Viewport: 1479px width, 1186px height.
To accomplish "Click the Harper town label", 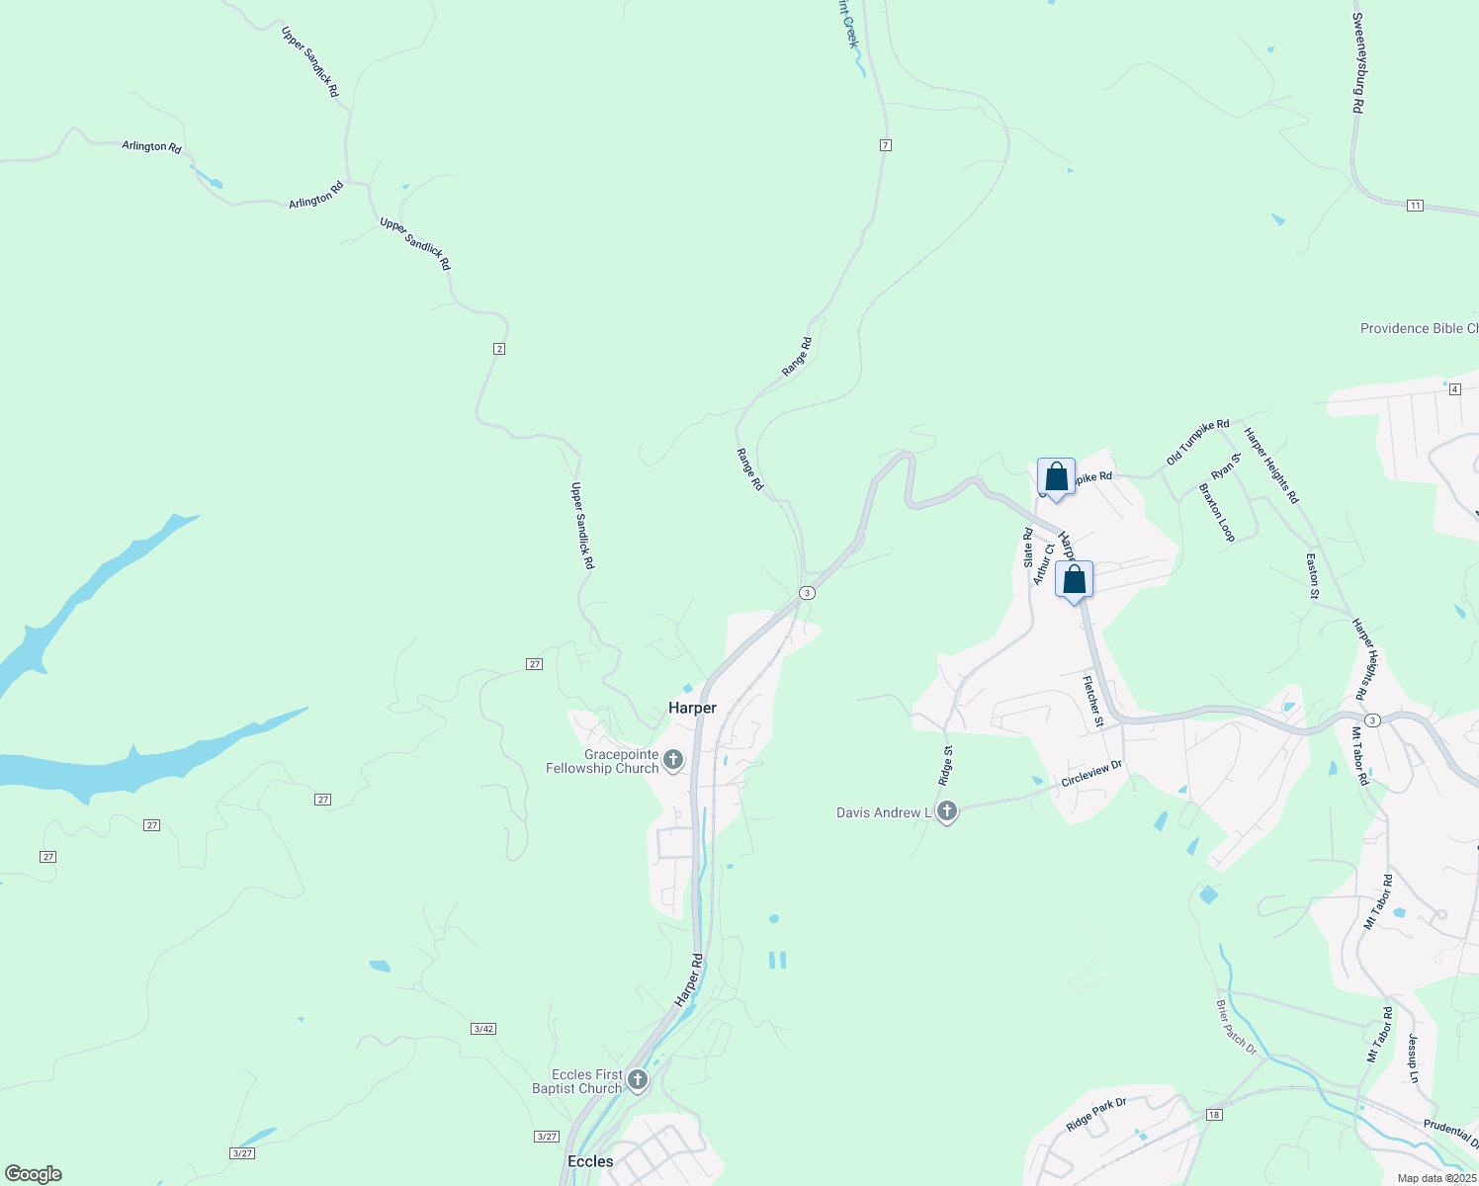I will [x=692, y=708].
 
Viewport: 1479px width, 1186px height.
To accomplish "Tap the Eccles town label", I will [x=590, y=1161].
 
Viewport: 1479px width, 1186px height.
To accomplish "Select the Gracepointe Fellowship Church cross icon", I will [x=673, y=760].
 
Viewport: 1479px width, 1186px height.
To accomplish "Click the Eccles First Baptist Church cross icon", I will [x=638, y=1080].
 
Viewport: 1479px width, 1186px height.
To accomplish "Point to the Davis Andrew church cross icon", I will [x=947, y=812].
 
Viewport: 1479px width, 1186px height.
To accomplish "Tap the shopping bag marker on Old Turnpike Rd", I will [x=1056, y=477].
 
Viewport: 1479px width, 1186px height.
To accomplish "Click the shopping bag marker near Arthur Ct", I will [x=1074, y=580].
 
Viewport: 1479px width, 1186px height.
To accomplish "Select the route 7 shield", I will [x=886, y=145].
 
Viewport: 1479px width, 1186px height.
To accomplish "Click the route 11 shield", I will [x=1415, y=206].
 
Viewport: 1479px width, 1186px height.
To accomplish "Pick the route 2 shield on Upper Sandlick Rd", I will [x=499, y=349].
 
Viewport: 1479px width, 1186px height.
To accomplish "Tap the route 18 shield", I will [x=1214, y=1115].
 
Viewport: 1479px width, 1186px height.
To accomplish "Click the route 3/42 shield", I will [x=483, y=1029].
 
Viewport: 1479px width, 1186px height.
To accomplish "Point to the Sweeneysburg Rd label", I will [x=1358, y=62].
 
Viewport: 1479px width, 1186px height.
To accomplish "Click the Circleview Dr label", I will [x=1091, y=773].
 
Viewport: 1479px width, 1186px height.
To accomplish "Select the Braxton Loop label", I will [x=1217, y=512].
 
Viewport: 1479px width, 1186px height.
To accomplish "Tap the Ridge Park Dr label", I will [x=1096, y=1115].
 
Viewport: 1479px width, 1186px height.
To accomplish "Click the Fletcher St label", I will [x=1092, y=702].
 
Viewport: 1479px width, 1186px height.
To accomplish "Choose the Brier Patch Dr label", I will [x=1236, y=1027].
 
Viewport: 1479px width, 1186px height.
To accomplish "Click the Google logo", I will [x=33, y=1174].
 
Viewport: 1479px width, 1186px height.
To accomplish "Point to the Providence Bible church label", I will [x=1419, y=329].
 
